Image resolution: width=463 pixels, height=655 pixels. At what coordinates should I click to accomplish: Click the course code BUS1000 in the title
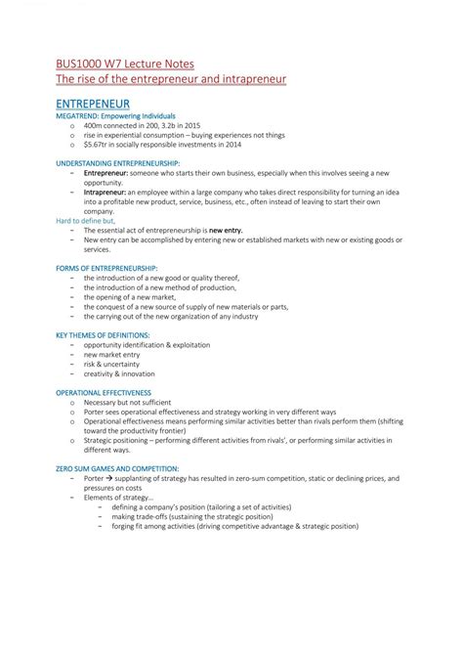pyautogui.click(x=81, y=60)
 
